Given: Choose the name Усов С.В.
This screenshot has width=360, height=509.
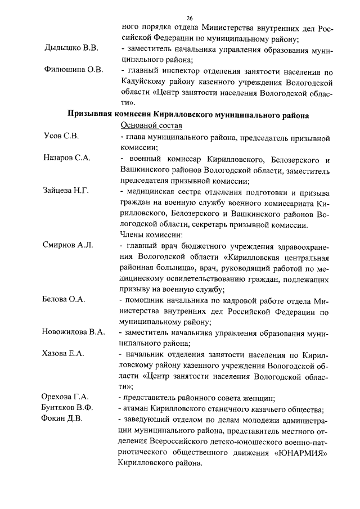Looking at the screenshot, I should click(61, 137).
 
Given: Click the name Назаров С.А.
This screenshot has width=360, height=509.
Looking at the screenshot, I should click(67, 159).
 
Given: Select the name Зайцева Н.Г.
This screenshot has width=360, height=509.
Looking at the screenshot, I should click(66, 192).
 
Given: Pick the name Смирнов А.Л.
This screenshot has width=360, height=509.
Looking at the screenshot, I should click(68, 246).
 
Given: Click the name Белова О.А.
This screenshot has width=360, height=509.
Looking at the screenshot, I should click(64, 300).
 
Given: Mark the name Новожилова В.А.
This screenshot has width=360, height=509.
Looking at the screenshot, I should click(74, 332).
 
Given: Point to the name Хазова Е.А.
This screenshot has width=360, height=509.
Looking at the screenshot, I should click(63, 354).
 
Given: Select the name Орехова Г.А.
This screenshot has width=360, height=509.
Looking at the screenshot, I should click(65, 397).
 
